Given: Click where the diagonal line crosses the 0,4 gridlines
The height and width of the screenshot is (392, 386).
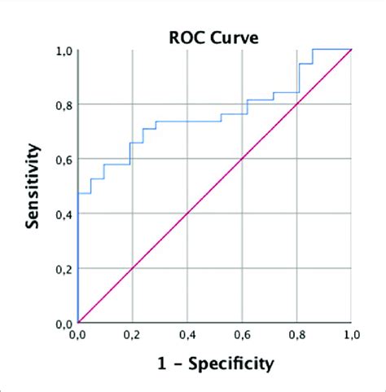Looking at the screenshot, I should coord(186,214).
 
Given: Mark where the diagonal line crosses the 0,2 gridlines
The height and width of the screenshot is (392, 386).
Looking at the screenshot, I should coord(132,268).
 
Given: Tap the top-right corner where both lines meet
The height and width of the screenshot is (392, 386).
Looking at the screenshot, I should coord(351,50).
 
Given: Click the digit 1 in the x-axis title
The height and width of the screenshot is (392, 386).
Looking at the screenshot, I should coord(163,362).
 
